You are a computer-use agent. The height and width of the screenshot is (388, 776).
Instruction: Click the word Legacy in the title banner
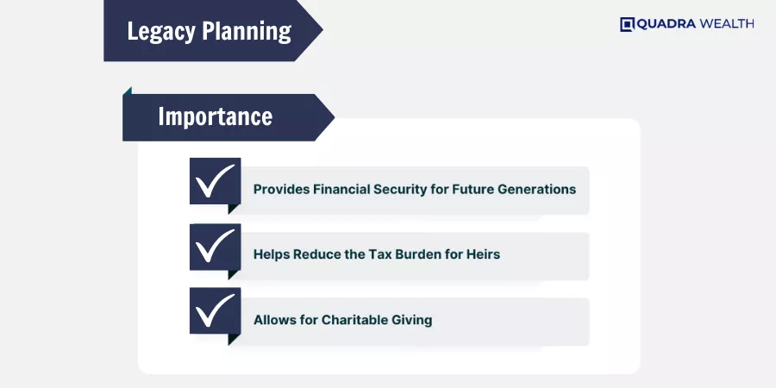coord(161,31)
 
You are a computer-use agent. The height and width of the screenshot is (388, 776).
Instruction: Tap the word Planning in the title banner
coord(247,31)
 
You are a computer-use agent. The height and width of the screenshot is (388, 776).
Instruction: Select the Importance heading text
coord(216,116)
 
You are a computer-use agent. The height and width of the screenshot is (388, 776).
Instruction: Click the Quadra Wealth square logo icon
coord(627,24)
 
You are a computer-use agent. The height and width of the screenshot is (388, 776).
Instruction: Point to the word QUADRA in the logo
coord(666,24)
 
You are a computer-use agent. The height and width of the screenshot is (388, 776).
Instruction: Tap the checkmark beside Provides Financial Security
coord(215,181)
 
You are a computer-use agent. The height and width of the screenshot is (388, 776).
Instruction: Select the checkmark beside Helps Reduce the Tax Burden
coord(215,246)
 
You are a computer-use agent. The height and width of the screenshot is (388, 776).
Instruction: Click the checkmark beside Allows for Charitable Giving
coord(215,310)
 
